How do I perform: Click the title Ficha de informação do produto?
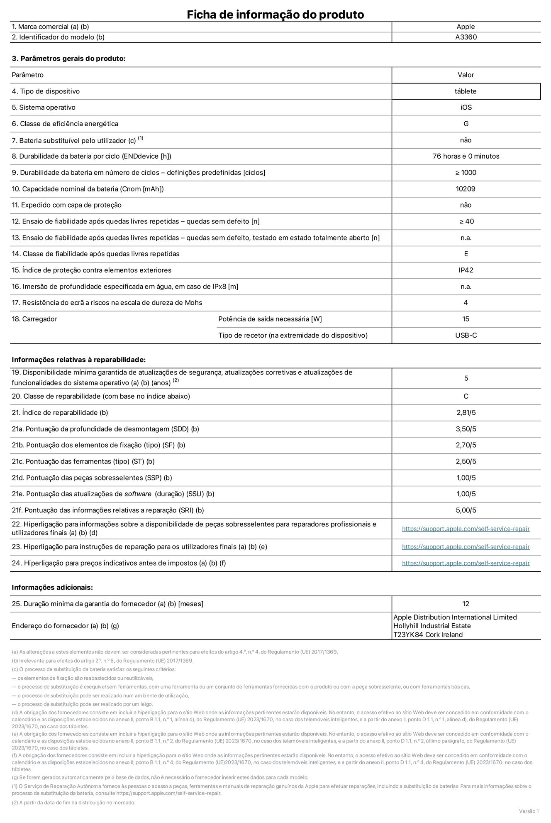click(275, 15)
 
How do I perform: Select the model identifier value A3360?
click(466, 37)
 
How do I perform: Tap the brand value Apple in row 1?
click(466, 27)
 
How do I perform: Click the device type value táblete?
click(466, 91)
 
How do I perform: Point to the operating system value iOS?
click(466, 108)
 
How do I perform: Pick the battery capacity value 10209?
click(466, 189)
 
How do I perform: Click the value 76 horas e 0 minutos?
click(466, 156)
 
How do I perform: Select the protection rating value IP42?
click(466, 270)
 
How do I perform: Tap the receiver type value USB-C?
click(466, 335)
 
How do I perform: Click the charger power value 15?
click(466, 319)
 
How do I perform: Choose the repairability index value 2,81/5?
click(466, 413)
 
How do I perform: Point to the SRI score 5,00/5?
click(466, 510)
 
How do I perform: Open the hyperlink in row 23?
click(466, 547)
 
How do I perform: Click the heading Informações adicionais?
click(52, 587)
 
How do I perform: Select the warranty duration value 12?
click(466, 604)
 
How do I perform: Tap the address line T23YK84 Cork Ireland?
click(428, 634)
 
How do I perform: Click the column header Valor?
click(466, 75)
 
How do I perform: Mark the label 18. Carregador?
click(34, 319)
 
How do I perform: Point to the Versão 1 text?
click(529, 811)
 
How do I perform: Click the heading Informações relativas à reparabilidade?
click(79, 360)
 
